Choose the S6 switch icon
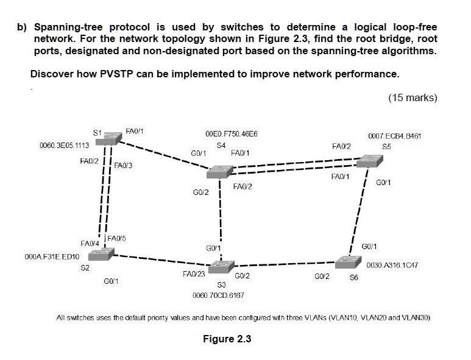pos(348,262)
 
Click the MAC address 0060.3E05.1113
pos(64,146)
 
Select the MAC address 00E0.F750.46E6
pos(232,133)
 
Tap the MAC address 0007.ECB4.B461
pos(395,136)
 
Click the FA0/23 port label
pos(194,274)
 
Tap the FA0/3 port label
pos(124,165)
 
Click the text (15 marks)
pos(412,97)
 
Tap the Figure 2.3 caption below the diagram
pos(227,339)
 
